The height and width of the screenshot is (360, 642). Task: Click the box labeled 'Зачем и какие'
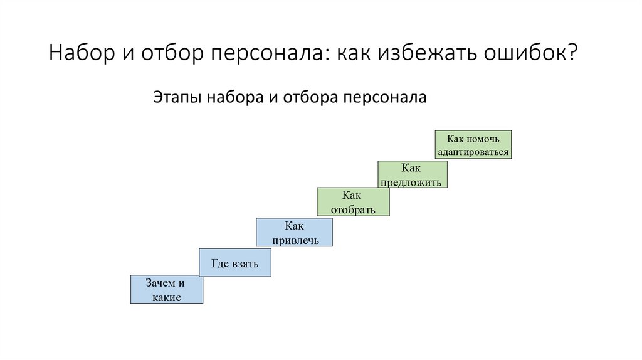tap(167, 290)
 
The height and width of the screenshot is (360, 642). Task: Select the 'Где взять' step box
tap(235, 263)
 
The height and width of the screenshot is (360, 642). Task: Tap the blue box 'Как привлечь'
tap(294, 232)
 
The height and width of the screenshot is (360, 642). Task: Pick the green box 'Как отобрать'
tap(354, 202)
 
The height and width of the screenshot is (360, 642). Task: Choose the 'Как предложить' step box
tap(413, 174)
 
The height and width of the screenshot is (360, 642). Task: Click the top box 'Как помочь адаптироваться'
tap(473, 145)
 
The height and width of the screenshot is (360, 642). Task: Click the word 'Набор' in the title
tap(80, 53)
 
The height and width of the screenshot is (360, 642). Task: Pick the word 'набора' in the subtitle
tap(234, 98)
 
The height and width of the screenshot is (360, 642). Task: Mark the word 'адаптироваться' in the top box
tap(473, 152)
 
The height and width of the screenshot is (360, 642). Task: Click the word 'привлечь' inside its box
tap(294, 240)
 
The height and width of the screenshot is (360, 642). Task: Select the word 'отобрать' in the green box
tap(354, 209)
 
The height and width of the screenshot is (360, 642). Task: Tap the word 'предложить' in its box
tap(412, 183)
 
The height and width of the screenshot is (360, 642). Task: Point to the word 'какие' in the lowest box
tap(167, 297)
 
